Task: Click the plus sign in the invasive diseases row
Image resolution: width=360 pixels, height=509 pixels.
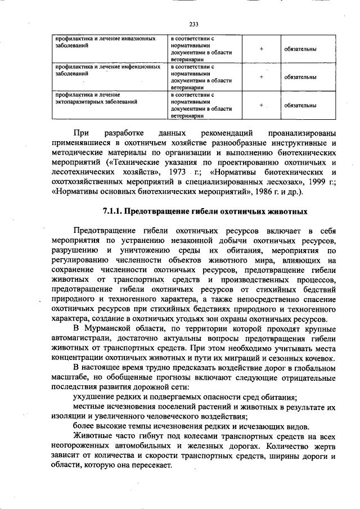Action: tap(262, 49)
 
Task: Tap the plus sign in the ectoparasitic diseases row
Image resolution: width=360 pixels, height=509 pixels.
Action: tap(262, 105)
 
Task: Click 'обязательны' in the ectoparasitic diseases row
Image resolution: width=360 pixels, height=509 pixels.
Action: tap(300, 105)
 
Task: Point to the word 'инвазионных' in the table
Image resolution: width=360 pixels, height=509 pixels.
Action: tap(138, 39)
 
